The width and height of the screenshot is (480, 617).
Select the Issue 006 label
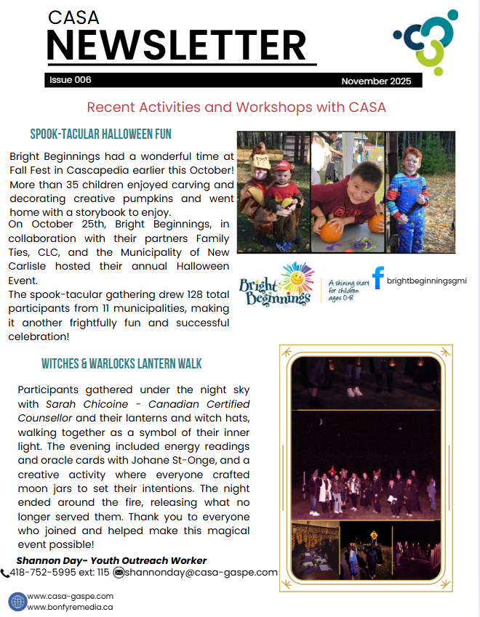point(71,80)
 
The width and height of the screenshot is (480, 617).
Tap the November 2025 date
point(376,81)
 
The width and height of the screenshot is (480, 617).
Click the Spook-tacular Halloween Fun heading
point(100,134)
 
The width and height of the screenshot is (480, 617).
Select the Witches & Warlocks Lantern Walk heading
point(121,363)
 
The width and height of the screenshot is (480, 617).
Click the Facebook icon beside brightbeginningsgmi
point(378,278)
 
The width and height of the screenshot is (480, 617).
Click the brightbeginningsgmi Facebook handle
point(426,280)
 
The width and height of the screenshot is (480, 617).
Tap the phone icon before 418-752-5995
point(6,573)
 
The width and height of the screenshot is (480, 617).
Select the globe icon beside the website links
point(17,601)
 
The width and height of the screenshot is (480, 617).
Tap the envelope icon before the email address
point(119,573)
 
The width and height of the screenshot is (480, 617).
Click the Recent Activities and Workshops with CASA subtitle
point(236,107)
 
